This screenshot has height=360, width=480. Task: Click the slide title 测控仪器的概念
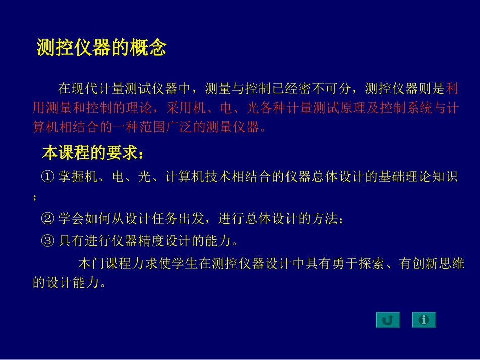102,48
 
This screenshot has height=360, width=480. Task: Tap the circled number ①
47,177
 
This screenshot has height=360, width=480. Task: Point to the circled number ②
47,219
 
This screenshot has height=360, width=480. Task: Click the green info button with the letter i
423,320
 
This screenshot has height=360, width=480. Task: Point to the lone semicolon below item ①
35,198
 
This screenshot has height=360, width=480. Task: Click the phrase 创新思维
439,264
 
